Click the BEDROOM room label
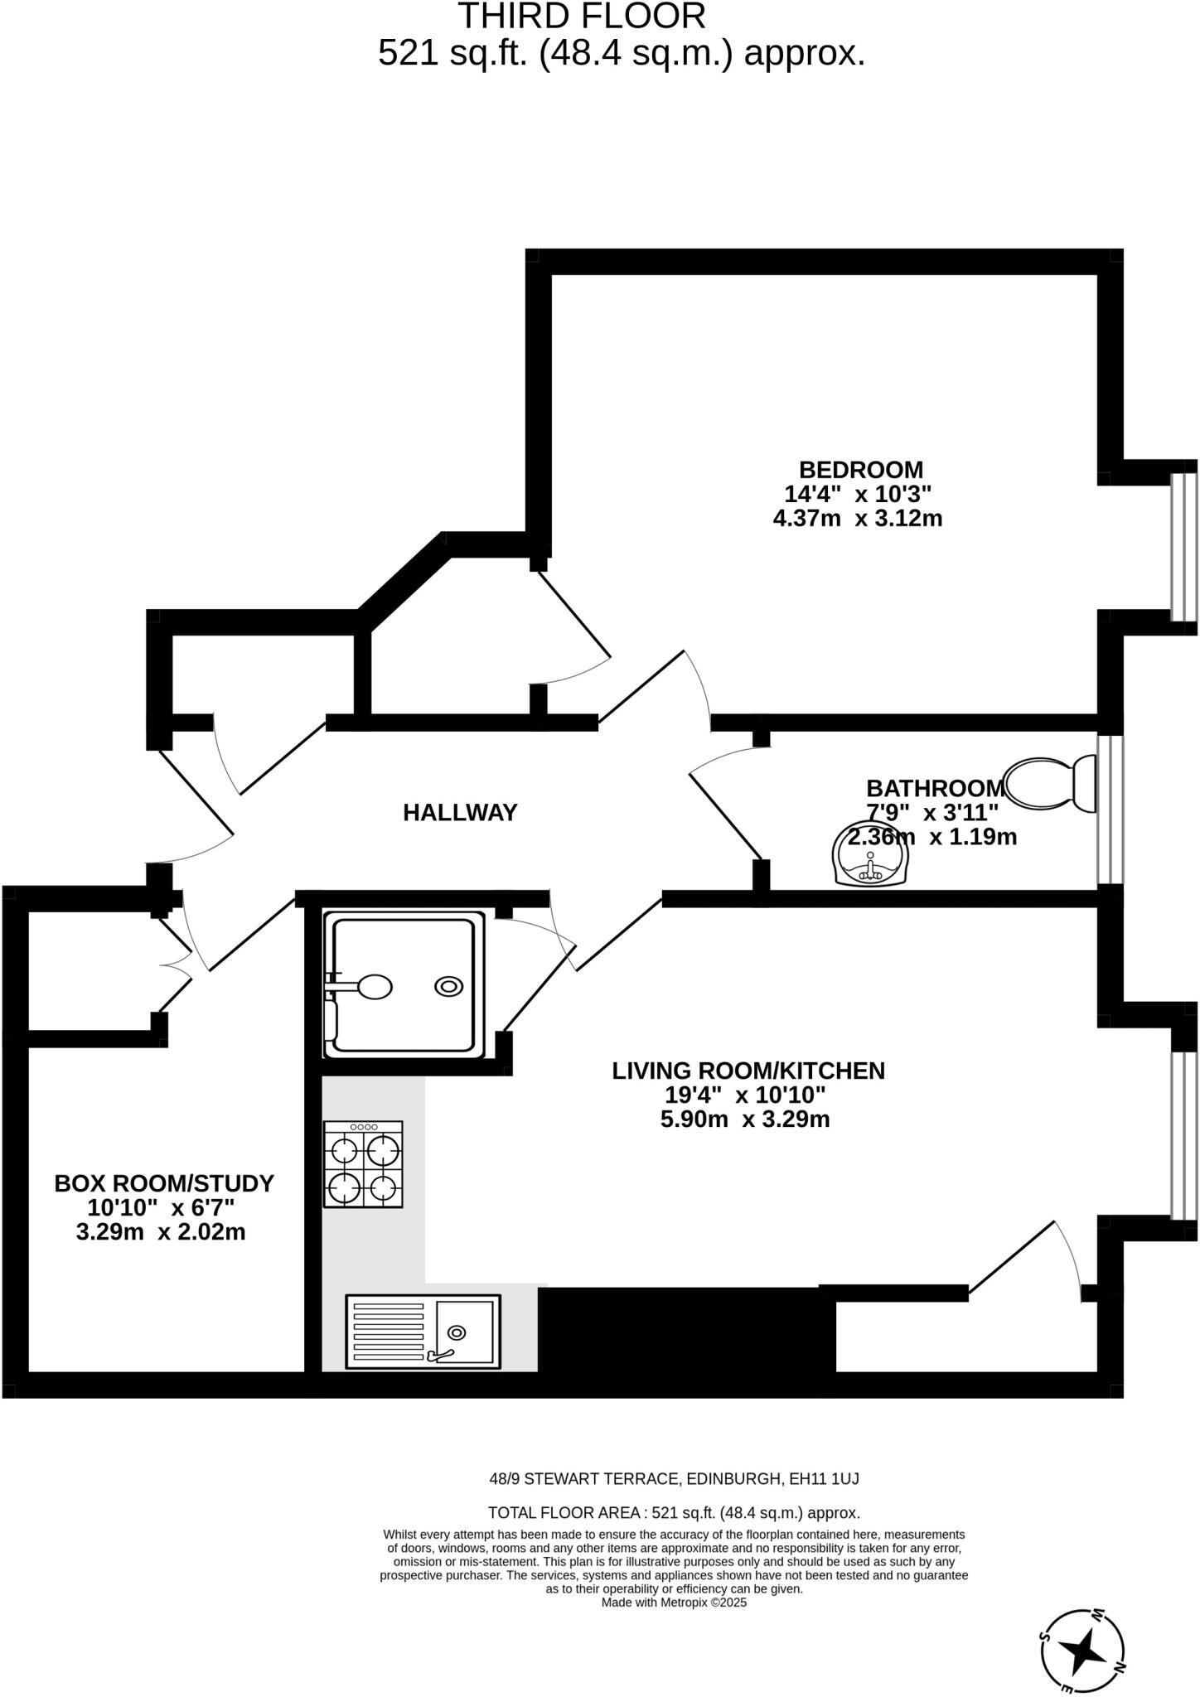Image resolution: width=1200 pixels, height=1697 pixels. click(860, 470)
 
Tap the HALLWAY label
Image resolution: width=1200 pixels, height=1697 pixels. click(460, 813)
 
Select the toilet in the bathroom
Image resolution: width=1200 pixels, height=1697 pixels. click(1048, 784)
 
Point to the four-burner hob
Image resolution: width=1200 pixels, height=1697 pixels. click(364, 1164)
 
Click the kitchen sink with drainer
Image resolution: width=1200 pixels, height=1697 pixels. click(423, 1332)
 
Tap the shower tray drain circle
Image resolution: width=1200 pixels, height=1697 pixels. click(449, 986)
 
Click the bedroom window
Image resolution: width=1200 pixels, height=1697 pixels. click(1183, 547)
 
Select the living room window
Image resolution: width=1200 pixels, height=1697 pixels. click(1183, 1134)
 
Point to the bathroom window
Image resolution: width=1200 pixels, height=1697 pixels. click(1110, 810)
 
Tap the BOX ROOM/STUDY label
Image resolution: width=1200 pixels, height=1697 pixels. click(164, 1183)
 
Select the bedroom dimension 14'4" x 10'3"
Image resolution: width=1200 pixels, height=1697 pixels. click(858, 495)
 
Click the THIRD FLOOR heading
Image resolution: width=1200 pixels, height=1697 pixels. click(582, 17)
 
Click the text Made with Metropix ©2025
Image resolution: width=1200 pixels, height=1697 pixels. click(674, 1603)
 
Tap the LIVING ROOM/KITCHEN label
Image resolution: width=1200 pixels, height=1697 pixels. click(748, 1071)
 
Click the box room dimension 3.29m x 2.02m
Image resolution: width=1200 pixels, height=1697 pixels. click(161, 1232)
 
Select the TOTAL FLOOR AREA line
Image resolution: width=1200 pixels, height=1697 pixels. click(674, 1512)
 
